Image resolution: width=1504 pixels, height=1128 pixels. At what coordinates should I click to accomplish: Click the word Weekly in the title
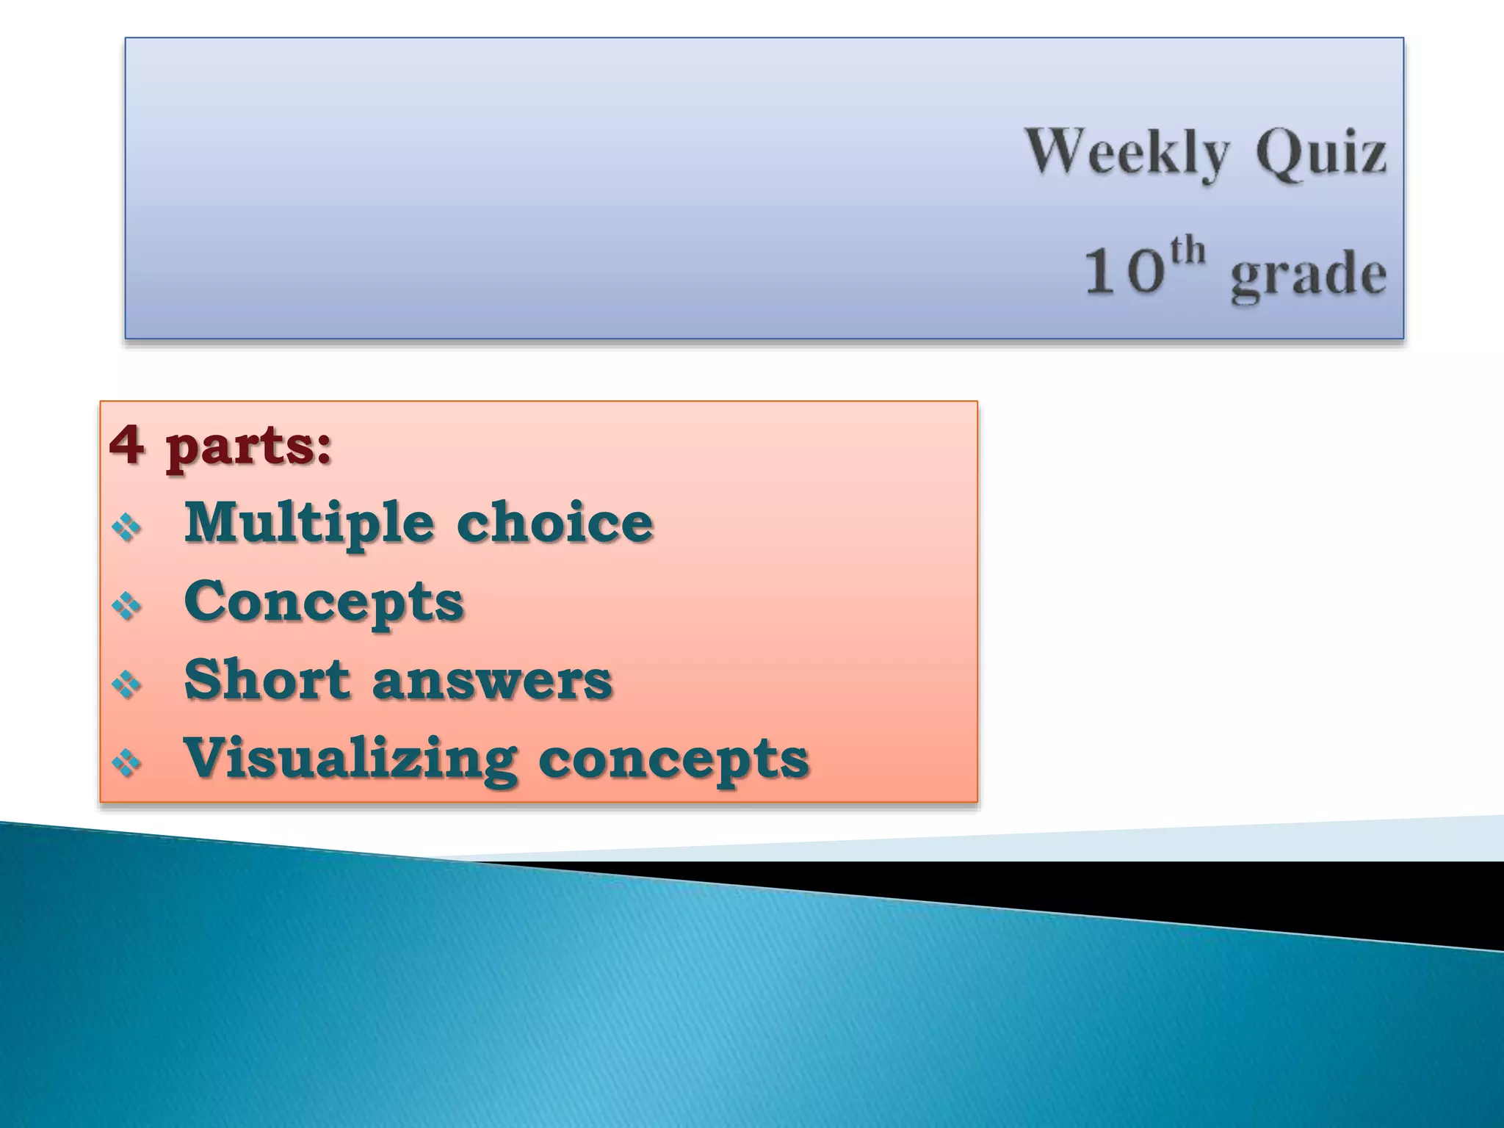(x=1127, y=153)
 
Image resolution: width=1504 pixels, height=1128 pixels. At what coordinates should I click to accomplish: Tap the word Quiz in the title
(x=1321, y=153)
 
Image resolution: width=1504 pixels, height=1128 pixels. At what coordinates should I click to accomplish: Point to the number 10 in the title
(x=1124, y=272)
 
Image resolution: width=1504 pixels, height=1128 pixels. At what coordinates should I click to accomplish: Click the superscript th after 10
(x=1187, y=250)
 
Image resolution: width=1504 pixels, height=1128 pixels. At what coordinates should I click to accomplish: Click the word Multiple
(x=309, y=524)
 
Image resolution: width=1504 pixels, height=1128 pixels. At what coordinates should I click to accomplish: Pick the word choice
(x=554, y=522)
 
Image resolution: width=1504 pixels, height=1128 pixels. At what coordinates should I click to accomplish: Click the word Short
(x=267, y=679)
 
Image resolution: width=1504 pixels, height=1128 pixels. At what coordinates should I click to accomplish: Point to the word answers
(x=492, y=681)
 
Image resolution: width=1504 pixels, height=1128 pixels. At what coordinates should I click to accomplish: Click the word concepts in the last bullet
(x=673, y=759)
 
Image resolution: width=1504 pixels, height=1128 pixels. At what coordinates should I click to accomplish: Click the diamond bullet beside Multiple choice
(x=126, y=527)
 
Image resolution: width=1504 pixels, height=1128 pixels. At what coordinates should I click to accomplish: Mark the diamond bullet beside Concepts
(x=126, y=605)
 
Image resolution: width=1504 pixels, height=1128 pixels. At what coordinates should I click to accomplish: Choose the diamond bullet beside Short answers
(x=126, y=684)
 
